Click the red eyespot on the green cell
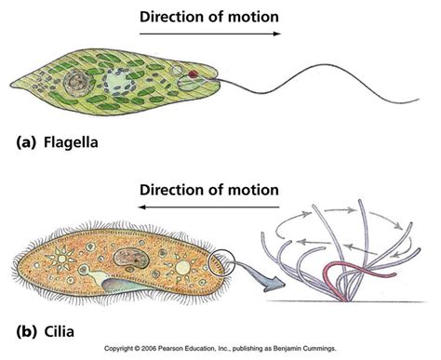click(x=193, y=73)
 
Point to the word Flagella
click(x=70, y=144)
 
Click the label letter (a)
click(x=25, y=144)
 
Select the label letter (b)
click(x=25, y=331)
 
